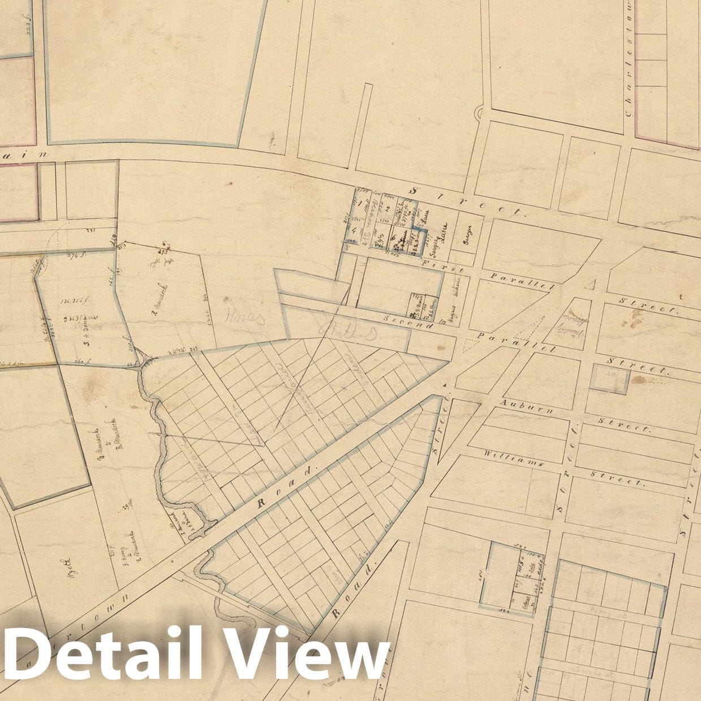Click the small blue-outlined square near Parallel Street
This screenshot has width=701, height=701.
[610, 379]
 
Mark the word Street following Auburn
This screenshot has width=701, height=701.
[623, 425]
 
